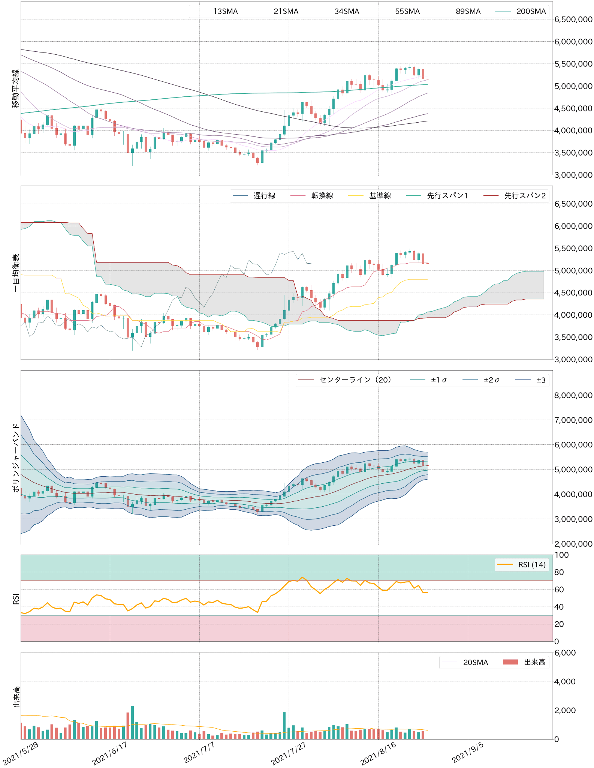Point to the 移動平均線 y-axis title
click(x=16, y=88)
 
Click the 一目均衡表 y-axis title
click(x=16, y=273)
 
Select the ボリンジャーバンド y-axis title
click(x=16, y=457)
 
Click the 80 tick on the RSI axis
click(x=559, y=572)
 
